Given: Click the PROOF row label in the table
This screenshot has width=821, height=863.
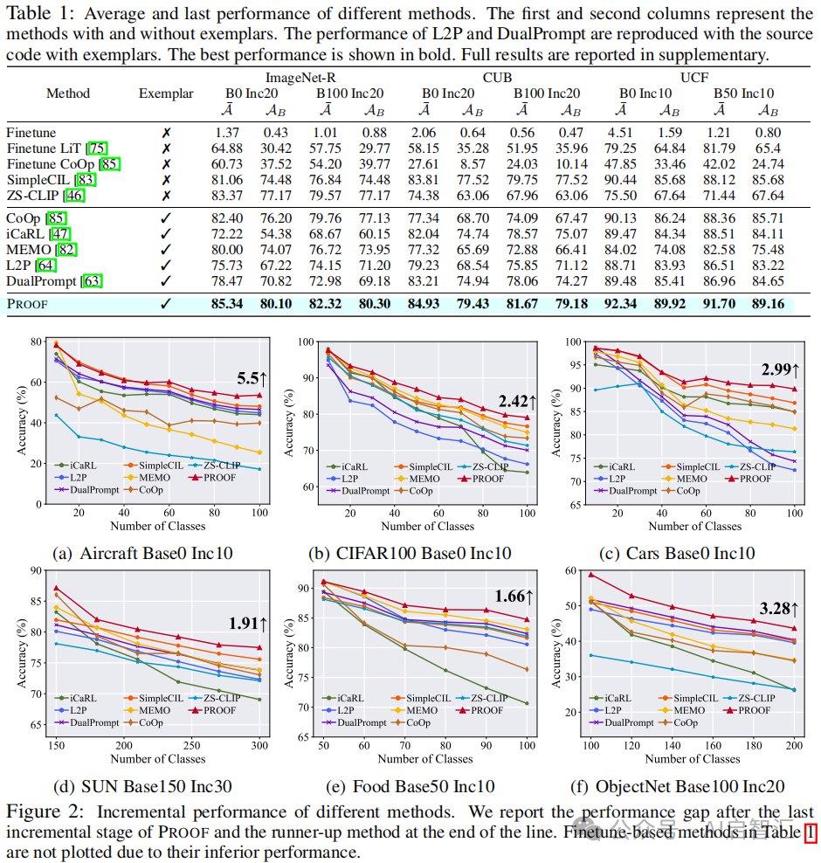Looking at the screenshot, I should click(27, 304).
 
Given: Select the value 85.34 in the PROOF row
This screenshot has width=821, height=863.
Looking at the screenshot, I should click(227, 304).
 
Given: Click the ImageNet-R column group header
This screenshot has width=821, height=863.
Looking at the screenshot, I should click(301, 76).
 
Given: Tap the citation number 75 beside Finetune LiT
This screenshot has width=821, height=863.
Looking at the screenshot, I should click(98, 148).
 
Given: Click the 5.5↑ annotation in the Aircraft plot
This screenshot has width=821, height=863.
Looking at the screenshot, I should click(253, 379).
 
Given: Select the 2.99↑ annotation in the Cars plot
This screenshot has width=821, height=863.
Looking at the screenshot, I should click(781, 369).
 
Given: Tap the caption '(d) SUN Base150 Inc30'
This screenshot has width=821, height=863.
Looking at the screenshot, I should click(143, 786).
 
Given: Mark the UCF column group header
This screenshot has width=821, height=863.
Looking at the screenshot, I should click(694, 76).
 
